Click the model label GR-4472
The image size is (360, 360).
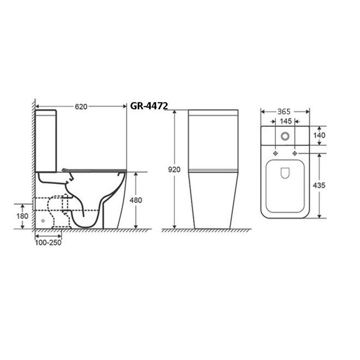click(x=149, y=106)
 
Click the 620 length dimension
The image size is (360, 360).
click(x=81, y=107)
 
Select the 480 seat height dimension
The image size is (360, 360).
click(x=136, y=200)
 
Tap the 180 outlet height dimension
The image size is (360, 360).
click(x=22, y=216)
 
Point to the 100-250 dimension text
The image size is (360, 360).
click(x=48, y=243)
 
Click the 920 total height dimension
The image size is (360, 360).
click(x=174, y=170)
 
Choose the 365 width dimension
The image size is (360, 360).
click(x=284, y=112)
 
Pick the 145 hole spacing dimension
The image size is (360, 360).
click(x=285, y=121)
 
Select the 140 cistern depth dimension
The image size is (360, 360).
click(x=319, y=135)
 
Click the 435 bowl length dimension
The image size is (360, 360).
click(x=319, y=185)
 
